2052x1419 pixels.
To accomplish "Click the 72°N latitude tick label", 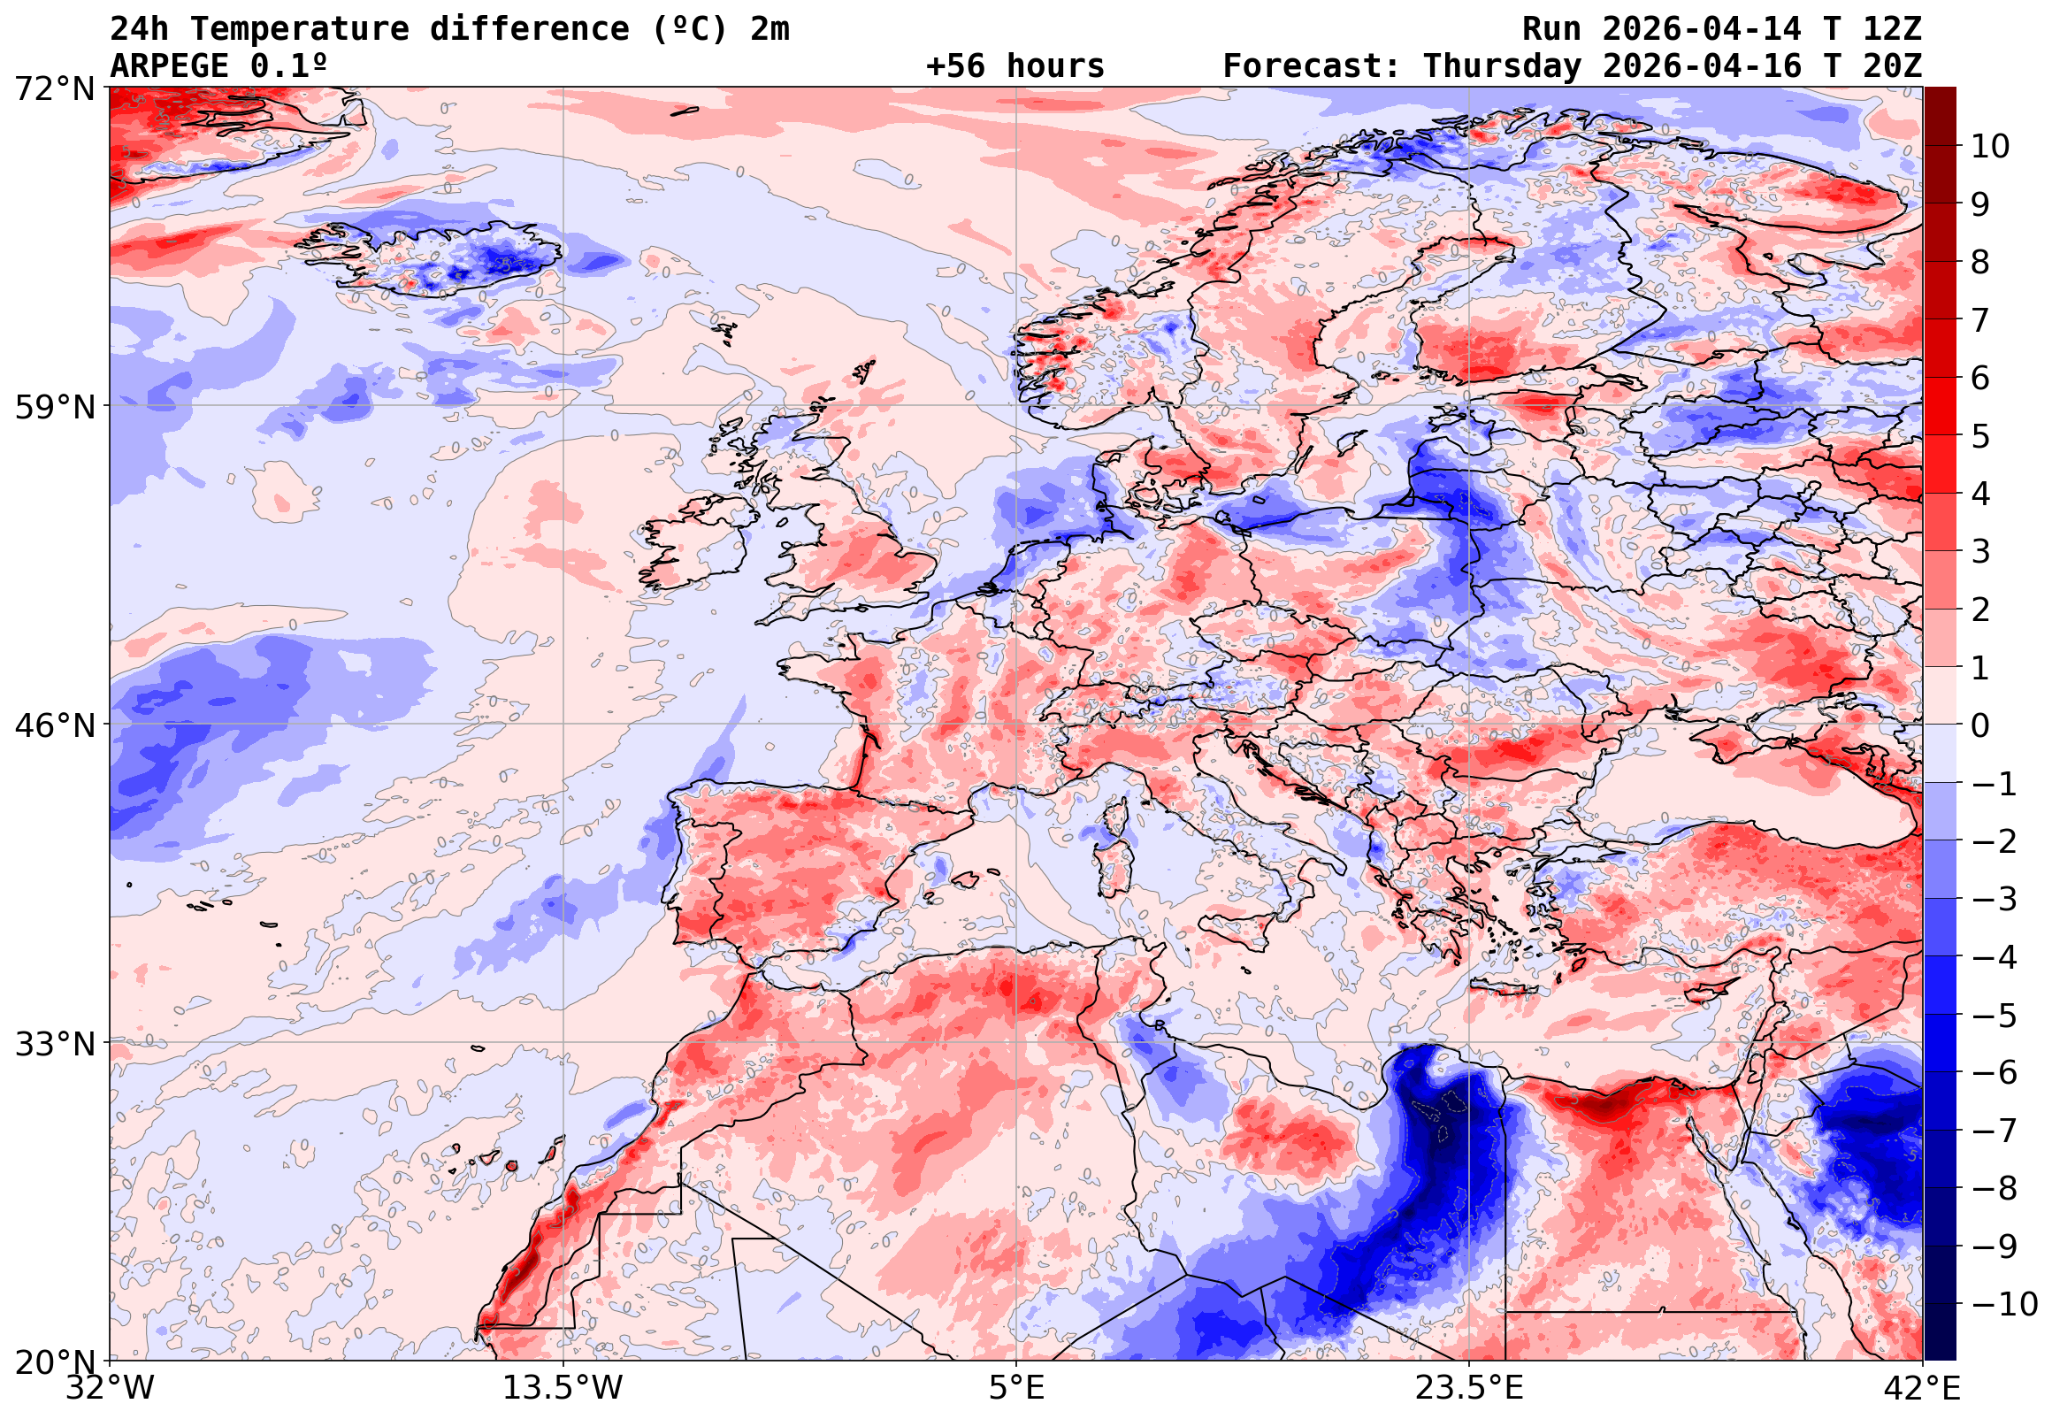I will [54, 89].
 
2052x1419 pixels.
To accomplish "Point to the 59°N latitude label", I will [54, 407].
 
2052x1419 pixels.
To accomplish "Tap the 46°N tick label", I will [54, 725].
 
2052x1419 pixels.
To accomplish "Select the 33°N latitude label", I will [54, 1044].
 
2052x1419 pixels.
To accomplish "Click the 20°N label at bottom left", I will [54, 1362].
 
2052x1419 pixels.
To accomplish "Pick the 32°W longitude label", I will [111, 1388].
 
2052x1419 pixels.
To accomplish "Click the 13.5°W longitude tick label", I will [563, 1388].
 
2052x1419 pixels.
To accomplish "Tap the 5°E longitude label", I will [1016, 1388].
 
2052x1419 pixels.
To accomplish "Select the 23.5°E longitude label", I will [1469, 1388].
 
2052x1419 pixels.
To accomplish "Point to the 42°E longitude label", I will [1922, 1388].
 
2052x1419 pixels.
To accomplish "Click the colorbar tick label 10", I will [1990, 147].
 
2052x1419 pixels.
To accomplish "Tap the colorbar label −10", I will [2004, 1304].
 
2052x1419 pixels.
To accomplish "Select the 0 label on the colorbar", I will [1980, 725].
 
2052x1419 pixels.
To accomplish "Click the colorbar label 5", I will [1980, 436].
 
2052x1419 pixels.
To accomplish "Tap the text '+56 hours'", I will [1015, 66].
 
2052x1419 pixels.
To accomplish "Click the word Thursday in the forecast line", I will [1502, 66].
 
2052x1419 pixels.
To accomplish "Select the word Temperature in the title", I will [299, 29].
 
